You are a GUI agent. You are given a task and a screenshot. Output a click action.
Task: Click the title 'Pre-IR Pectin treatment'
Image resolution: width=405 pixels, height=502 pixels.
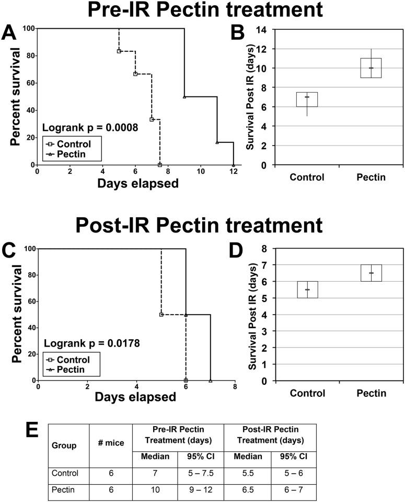(198, 11)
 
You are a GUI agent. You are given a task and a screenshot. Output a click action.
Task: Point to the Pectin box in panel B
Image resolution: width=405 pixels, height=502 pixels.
(371, 68)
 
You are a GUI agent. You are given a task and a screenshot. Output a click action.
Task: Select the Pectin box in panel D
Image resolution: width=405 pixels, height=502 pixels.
(371, 273)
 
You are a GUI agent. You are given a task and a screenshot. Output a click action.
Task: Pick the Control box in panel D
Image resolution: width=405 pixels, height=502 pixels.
(307, 289)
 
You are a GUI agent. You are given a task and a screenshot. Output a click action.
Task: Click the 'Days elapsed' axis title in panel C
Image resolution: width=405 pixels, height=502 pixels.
(135, 397)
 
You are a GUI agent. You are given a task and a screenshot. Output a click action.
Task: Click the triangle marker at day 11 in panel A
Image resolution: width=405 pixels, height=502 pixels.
(217, 142)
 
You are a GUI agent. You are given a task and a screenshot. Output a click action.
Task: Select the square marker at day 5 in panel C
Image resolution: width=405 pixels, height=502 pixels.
(161, 315)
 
